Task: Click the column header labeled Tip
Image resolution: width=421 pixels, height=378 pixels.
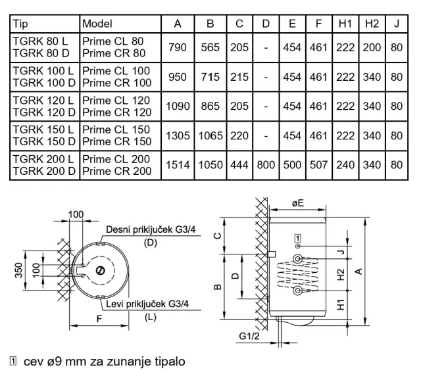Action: [x=21, y=24]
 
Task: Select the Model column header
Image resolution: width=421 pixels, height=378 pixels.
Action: [x=97, y=24]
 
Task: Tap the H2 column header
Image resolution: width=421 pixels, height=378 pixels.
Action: [x=372, y=24]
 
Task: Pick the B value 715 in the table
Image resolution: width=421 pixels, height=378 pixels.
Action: [x=210, y=77]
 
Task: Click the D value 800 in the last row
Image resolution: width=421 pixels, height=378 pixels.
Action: [x=266, y=165]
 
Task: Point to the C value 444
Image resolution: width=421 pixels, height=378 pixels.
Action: [x=239, y=165]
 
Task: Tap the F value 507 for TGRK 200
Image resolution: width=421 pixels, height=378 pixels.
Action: [x=318, y=165]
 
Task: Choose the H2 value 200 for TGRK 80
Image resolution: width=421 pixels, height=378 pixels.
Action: [x=372, y=47]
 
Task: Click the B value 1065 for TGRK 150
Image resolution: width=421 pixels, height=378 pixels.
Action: [x=210, y=135]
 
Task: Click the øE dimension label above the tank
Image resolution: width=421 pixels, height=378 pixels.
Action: [x=301, y=205]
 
